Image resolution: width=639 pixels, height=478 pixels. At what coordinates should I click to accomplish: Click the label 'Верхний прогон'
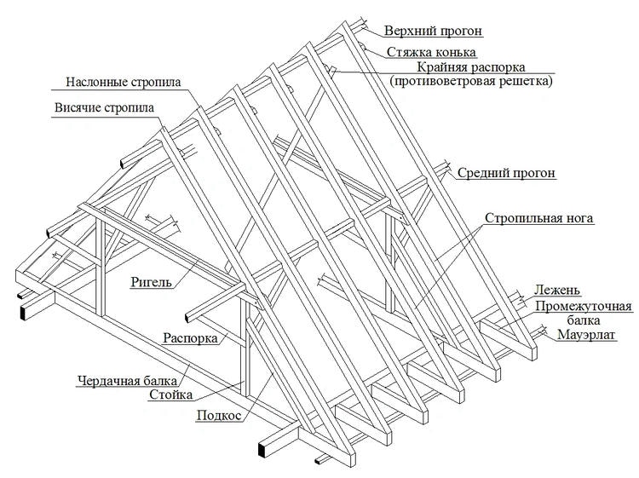[x=434, y=32]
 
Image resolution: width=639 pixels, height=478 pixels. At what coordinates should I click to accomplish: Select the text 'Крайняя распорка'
[x=471, y=66]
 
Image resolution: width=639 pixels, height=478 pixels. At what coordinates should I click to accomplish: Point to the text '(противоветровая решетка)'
[x=471, y=82]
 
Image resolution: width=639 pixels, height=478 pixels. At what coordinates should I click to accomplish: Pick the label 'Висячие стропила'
[x=104, y=108]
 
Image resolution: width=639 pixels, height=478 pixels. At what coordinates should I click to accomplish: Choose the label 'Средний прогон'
[x=507, y=173]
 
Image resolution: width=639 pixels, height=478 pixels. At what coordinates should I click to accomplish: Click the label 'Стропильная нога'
[x=539, y=218]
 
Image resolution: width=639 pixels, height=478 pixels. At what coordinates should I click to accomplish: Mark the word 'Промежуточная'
[x=584, y=306]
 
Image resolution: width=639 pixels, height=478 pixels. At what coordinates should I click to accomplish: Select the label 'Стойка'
[x=171, y=395]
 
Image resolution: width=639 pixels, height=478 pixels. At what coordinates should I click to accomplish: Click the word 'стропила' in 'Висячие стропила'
[x=130, y=108]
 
